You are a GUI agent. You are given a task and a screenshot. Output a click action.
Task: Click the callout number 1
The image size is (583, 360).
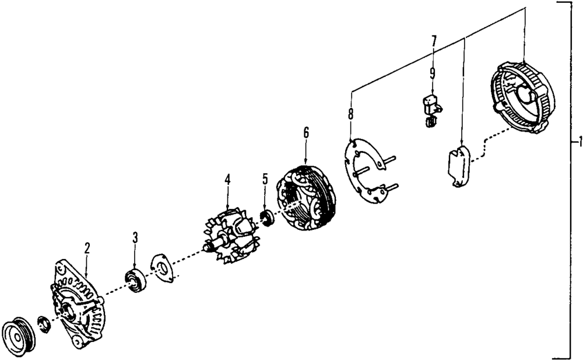[577, 142]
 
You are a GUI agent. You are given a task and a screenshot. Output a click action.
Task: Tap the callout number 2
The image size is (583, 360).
[87, 247]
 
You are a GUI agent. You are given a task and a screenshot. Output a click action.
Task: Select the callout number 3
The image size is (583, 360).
[135, 237]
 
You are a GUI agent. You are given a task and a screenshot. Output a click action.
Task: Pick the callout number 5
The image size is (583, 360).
[265, 179]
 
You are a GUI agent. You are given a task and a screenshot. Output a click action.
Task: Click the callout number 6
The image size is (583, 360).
[306, 132]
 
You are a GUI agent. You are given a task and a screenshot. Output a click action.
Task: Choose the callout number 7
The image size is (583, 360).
[434, 41]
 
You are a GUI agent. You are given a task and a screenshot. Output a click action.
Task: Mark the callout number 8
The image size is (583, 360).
[350, 113]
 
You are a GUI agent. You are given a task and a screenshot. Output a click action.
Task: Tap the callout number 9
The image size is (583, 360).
[433, 73]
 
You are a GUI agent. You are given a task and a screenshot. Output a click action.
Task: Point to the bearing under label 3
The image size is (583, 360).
[136, 281]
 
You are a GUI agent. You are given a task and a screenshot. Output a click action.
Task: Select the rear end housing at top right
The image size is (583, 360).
[522, 96]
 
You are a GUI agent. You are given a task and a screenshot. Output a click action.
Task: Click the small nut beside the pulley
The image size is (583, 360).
[43, 324]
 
